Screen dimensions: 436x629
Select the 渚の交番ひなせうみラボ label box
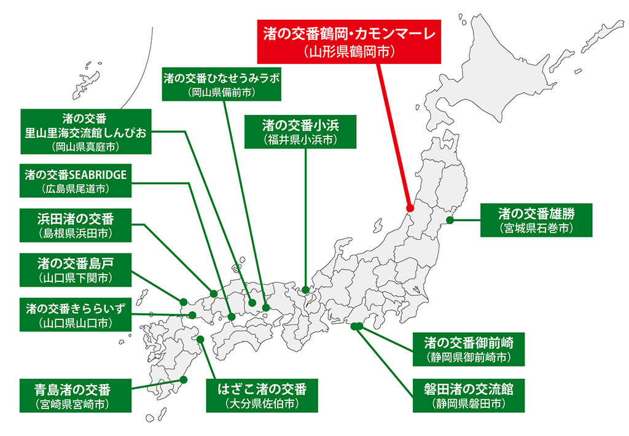click(x=222, y=84)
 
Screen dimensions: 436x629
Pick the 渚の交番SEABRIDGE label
click(x=76, y=181)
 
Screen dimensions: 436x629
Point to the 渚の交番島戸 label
click(x=75, y=270)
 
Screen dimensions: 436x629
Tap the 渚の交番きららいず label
click(x=75, y=313)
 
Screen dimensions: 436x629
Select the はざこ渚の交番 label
click(x=262, y=395)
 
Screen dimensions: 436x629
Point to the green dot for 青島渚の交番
click(x=182, y=380)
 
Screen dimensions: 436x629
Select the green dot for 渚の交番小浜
click(x=305, y=289)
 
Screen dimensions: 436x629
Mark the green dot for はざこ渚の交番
click(x=200, y=338)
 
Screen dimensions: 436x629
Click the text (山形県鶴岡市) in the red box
click(x=348, y=52)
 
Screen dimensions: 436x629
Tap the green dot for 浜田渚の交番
click(x=214, y=294)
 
